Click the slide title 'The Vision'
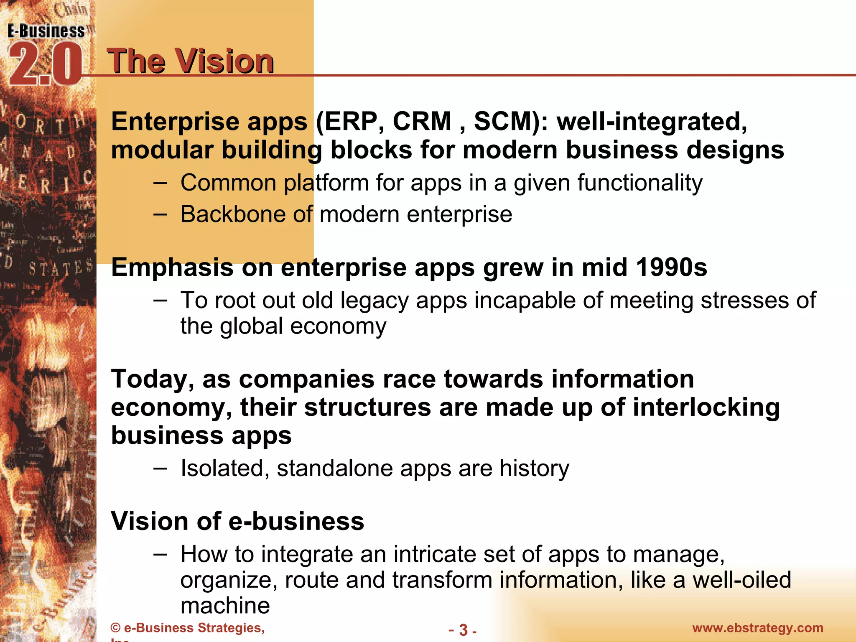(x=190, y=61)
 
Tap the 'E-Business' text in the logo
(x=46, y=31)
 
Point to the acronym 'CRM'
(x=423, y=122)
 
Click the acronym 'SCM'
(x=506, y=122)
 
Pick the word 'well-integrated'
(x=652, y=122)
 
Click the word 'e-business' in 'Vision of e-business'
(x=297, y=522)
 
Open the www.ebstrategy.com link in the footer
(x=757, y=628)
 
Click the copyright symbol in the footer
(x=115, y=628)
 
